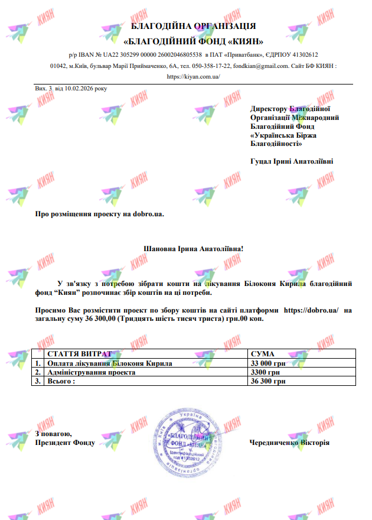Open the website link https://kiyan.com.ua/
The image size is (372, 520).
pyautogui.click(x=194, y=76)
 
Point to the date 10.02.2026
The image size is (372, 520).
pyautogui.click(x=76, y=88)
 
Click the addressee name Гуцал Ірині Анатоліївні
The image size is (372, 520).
pyautogui.click(x=292, y=160)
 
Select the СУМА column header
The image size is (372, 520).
pyautogui.click(x=263, y=353)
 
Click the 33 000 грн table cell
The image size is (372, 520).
pyautogui.click(x=269, y=363)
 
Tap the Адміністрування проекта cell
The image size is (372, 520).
pyautogui.click(x=91, y=373)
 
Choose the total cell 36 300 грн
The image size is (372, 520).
pyautogui.click(x=269, y=382)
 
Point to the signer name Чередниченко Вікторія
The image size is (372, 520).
pyautogui.click(x=289, y=443)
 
